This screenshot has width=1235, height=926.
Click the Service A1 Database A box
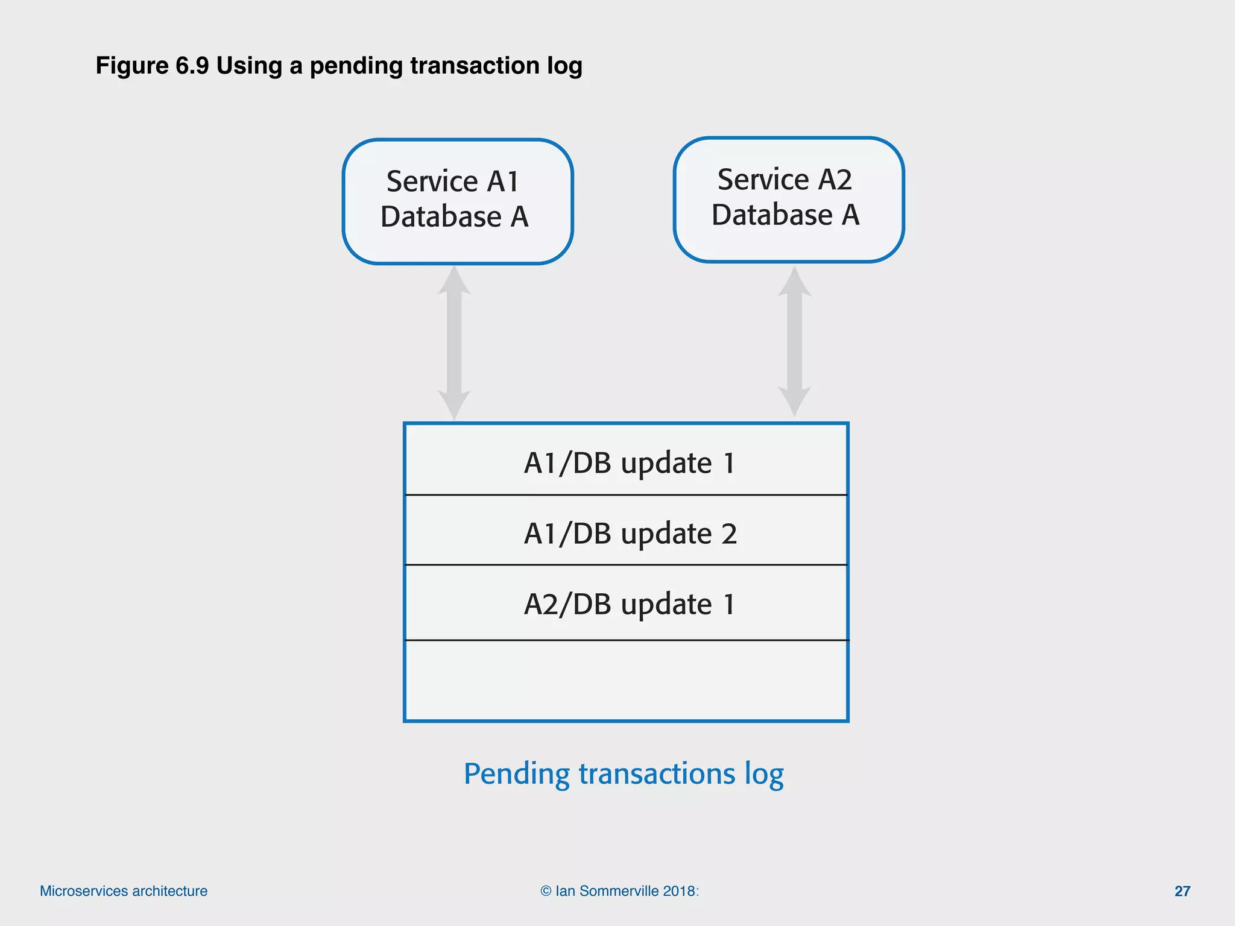[x=457, y=201]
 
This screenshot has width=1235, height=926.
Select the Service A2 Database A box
[x=788, y=200]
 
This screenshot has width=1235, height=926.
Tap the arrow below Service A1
[x=454, y=343]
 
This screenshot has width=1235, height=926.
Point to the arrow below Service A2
[x=794, y=341]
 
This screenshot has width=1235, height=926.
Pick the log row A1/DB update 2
[x=626, y=531]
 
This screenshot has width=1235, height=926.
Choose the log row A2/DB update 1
[x=626, y=603]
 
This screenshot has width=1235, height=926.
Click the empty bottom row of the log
[x=626, y=680]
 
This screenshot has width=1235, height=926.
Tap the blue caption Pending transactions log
[x=624, y=773]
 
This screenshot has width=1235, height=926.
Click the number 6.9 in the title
[x=192, y=66]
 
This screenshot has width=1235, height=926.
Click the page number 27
[x=1182, y=891]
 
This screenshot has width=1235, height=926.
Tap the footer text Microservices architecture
[x=124, y=891]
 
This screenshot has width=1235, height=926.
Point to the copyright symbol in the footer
[x=546, y=891]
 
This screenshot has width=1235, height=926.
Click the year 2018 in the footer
[x=679, y=891]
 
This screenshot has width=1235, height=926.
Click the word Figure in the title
[x=132, y=66]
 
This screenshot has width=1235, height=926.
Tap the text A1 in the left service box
[x=503, y=181]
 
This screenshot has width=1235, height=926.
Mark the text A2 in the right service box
[x=835, y=180]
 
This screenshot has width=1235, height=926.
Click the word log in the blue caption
[x=764, y=774]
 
